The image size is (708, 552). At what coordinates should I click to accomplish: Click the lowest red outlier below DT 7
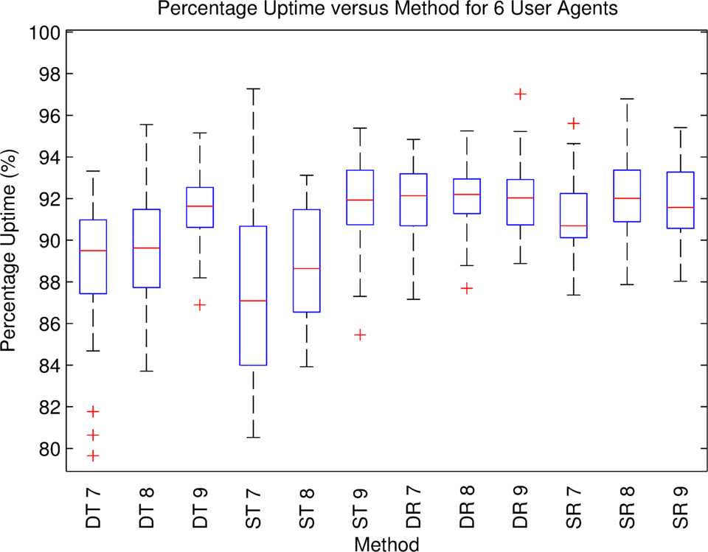tap(93, 456)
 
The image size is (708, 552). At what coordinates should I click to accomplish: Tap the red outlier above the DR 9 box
tap(520, 94)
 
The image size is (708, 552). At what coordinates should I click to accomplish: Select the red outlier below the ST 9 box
tap(360, 335)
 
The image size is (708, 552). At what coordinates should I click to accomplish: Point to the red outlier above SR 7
tap(574, 123)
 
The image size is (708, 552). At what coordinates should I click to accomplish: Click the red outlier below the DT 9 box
tap(200, 304)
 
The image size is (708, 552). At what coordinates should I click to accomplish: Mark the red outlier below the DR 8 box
tap(467, 288)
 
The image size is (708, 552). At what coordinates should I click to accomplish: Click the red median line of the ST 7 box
tap(253, 301)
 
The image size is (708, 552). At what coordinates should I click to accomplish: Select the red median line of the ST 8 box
tap(307, 268)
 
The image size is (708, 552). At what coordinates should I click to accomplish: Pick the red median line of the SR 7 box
tap(574, 226)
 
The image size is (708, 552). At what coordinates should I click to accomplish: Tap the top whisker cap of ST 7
tap(253, 88)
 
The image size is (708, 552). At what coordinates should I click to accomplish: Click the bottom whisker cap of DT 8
tap(147, 371)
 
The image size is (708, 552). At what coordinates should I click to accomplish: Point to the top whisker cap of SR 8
tap(627, 99)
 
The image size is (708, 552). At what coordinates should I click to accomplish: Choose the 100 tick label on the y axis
tap(44, 32)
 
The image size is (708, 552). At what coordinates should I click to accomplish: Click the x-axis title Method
tap(386, 543)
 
